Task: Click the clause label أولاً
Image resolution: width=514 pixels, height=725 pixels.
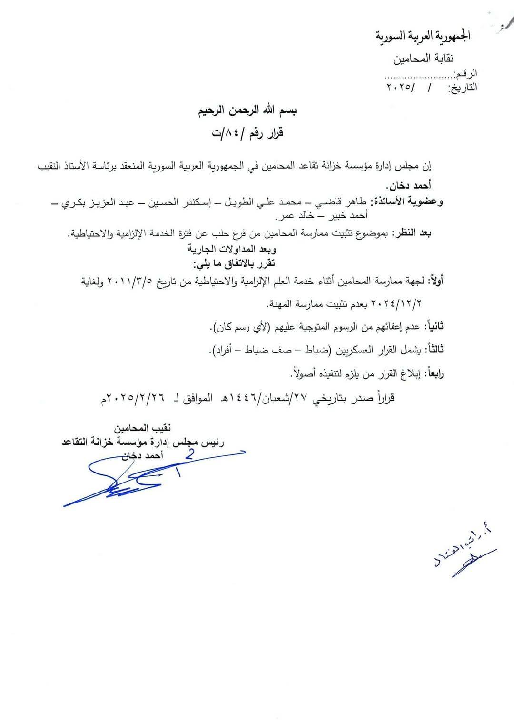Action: [435, 282]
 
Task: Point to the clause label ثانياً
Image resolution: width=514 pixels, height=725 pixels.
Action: [435, 327]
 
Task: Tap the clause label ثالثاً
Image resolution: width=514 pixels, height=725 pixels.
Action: [435, 350]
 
